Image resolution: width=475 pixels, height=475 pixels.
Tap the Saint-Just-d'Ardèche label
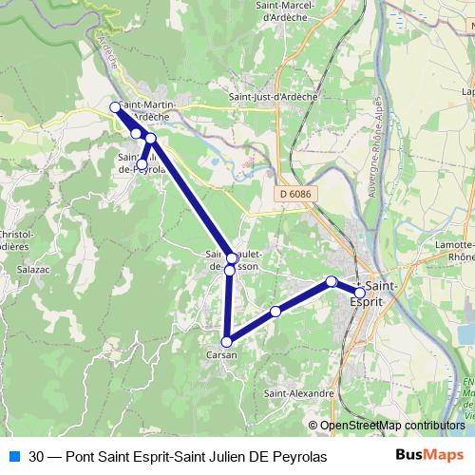273,96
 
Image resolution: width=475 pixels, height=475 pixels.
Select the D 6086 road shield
295,193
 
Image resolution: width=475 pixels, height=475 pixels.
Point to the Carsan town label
220,354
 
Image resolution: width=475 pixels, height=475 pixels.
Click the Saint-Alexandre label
299,393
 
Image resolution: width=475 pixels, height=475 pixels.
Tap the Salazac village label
32,269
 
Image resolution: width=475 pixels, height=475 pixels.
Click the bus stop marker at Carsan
227,342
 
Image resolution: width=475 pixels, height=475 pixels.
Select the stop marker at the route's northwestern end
115,106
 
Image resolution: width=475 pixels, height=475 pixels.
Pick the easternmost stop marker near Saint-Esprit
360,293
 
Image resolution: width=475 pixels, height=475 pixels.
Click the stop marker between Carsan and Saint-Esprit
275,312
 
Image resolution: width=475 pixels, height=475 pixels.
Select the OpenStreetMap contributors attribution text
391,425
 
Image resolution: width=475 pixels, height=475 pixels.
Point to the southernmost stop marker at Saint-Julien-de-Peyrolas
142,164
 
